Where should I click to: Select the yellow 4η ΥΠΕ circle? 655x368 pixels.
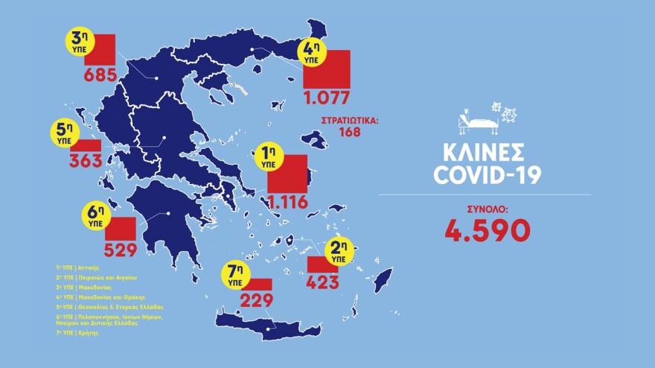pos(310,51)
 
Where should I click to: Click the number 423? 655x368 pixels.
pos(324,282)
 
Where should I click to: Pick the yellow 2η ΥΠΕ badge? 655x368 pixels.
pos(339,252)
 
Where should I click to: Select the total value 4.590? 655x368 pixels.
pos(487,230)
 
